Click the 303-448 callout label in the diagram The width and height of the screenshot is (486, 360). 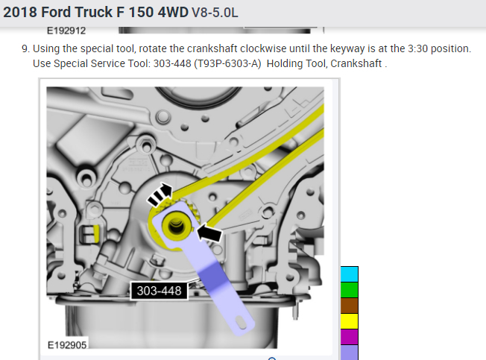[x=160, y=291]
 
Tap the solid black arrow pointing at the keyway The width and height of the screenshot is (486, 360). [x=209, y=233]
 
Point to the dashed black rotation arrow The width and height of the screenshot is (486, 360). [x=160, y=195]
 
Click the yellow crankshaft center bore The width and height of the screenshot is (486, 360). [x=176, y=226]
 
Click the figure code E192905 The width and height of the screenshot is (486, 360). [x=67, y=345]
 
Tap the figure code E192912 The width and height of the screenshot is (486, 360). [x=66, y=31]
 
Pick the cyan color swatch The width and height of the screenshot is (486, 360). [x=350, y=274]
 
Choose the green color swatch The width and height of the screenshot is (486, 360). [x=350, y=290]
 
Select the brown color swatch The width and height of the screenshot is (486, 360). [x=350, y=306]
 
